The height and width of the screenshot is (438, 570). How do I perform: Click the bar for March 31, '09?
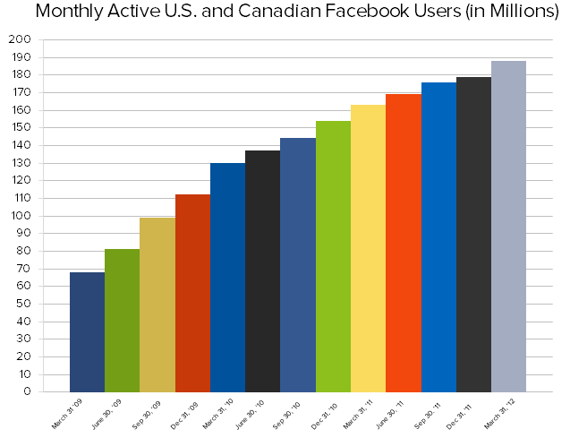click(x=87, y=331)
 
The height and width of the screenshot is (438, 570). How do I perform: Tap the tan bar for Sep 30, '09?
click(x=157, y=305)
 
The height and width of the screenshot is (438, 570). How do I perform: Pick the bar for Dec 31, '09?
click(x=192, y=293)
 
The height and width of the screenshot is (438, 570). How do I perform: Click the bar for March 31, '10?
click(x=227, y=277)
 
